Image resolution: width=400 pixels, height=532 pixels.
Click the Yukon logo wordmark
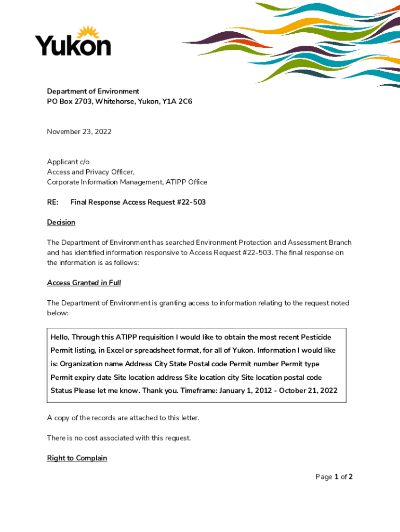[x=73, y=46]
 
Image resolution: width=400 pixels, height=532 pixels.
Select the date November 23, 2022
[x=79, y=131]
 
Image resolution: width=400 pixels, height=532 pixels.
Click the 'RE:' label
[x=52, y=202]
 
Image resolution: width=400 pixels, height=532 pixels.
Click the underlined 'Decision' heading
[x=61, y=222]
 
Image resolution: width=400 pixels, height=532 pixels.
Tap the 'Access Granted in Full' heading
[x=84, y=283]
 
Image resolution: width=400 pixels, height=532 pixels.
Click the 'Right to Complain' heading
[x=77, y=458]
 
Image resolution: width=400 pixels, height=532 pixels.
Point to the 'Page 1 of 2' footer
[x=334, y=476]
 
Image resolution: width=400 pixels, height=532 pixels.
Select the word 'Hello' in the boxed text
[x=60, y=337]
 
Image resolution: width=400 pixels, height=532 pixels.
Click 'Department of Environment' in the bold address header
[x=93, y=91]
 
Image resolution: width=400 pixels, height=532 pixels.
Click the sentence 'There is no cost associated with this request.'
[x=119, y=438]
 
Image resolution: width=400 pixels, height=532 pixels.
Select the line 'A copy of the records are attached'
[x=123, y=418]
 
